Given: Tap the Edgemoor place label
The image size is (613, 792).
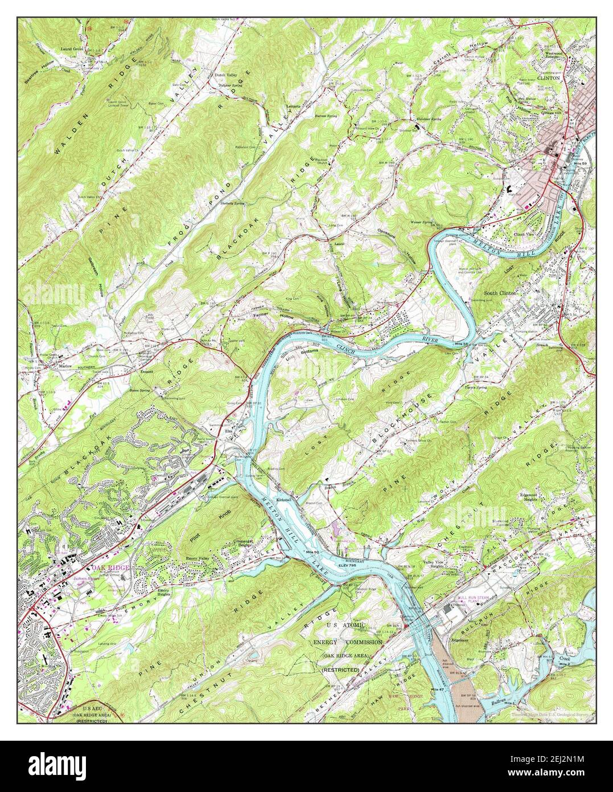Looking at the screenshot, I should tap(461, 640).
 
